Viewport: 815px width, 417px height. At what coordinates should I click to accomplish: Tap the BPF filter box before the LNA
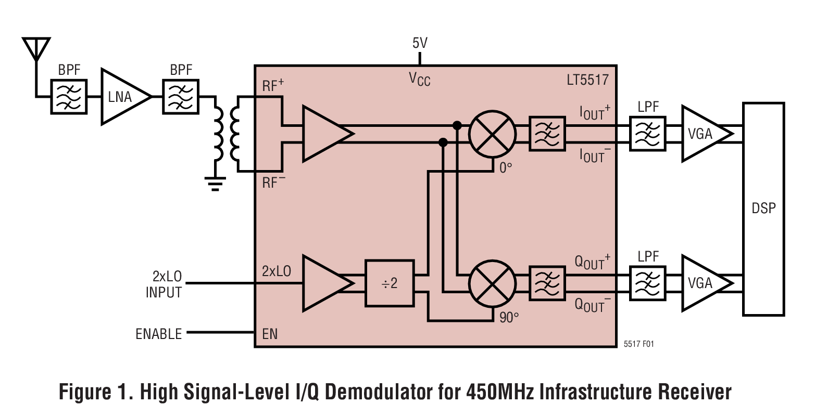click(69, 97)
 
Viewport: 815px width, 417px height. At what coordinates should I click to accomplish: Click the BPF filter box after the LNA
click(181, 97)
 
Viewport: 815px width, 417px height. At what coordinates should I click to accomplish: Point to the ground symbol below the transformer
click(215, 184)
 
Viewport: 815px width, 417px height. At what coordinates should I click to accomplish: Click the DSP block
click(763, 208)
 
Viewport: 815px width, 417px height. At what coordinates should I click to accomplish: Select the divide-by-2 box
click(390, 283)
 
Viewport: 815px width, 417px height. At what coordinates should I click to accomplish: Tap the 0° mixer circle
click(492, 134)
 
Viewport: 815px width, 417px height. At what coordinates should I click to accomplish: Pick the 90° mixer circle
click(492, 283)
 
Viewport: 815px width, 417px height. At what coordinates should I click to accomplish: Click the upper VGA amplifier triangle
click(703, 134)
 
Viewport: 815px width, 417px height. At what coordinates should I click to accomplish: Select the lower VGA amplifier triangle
click(703, 283)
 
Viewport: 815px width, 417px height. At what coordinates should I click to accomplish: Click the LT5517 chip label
click(587, 80)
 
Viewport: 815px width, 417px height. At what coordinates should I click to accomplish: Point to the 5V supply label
click(420, 43)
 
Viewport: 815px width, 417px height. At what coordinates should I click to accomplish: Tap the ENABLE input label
click(158, 334)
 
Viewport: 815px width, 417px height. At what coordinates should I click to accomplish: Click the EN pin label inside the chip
click(270, 334)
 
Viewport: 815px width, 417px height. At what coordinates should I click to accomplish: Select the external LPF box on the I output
click(647, 134)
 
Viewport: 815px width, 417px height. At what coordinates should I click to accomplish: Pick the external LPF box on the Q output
click(647, 283)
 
